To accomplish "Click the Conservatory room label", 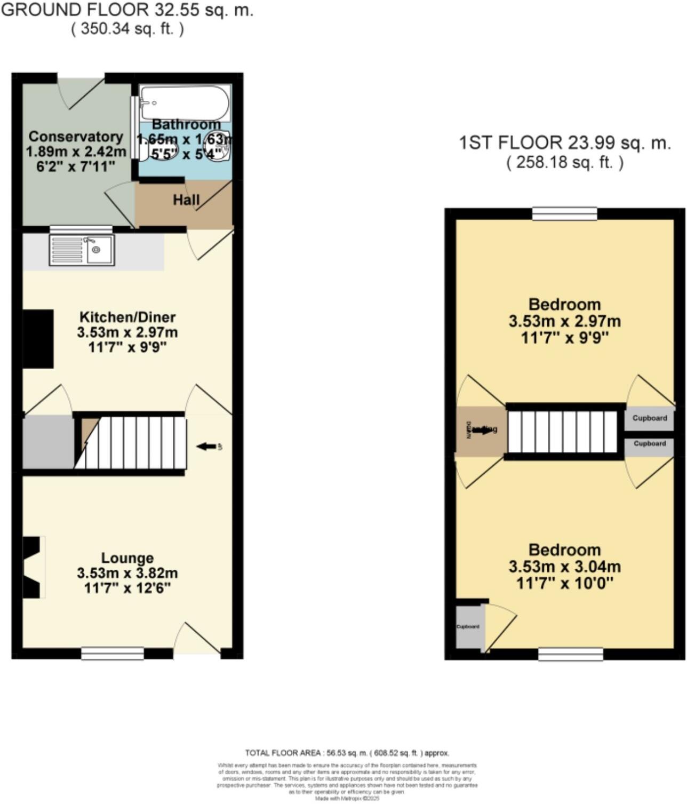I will [x=76, y=137].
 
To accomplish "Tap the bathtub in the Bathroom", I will [x=184, y=102].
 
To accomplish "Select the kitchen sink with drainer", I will [x=82, y=250].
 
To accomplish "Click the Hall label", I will [x=186, y=200].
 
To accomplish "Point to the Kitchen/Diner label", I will [x=127, y=317].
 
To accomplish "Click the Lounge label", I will [x=127, y=558].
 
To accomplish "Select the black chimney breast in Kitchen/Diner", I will [x=38, y=339].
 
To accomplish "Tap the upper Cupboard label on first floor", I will [x=649, y=418].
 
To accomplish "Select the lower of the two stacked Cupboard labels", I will [x=649, y=443].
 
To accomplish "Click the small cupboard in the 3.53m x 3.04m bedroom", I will [x=468, y=626].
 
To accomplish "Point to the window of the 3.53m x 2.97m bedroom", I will [x=564, y=214].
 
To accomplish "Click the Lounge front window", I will [x=113, y=653].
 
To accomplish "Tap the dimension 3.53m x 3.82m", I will [x=127, y=574].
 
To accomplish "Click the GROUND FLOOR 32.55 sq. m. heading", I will [x=127, y=10].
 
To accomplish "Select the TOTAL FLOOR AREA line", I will [x=347, y=753].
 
